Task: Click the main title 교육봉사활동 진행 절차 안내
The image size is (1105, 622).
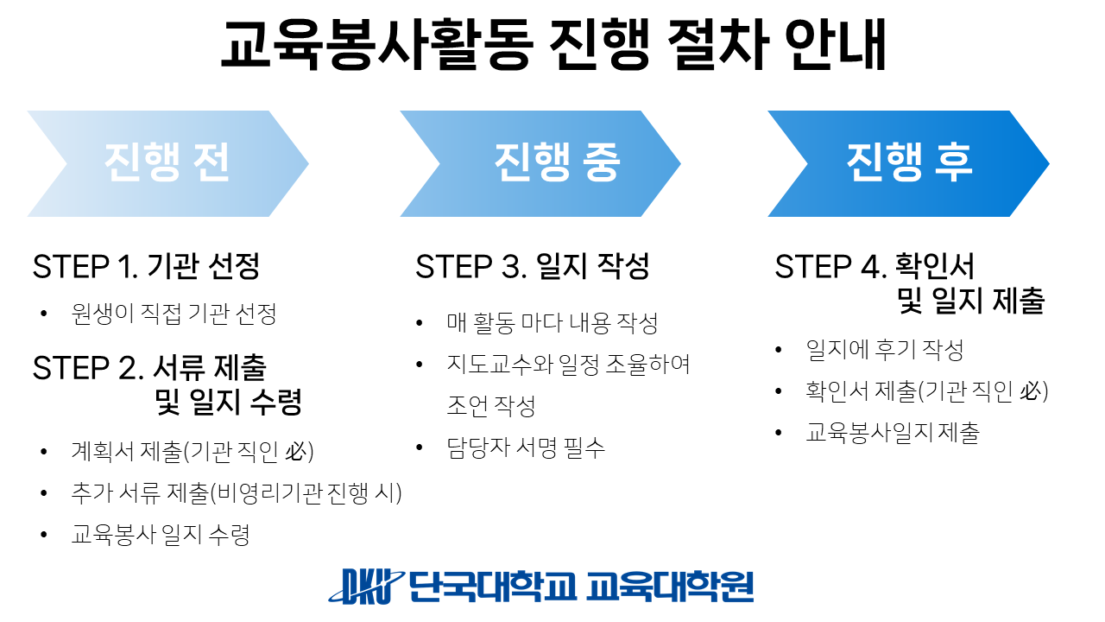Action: [553, 44]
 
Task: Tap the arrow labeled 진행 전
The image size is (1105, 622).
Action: [167, 163]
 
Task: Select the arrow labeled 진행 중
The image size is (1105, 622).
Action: [540, 163]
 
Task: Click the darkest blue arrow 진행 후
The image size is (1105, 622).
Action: [909, 163]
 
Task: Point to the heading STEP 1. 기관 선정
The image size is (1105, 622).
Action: [146, 267]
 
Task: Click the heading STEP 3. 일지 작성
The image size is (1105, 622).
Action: [533, 267]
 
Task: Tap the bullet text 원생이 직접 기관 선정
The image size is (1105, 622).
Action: [174, 314]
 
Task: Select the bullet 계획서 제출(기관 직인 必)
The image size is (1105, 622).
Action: [193, 451]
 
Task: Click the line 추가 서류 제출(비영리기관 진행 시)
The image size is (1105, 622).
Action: [237, 492]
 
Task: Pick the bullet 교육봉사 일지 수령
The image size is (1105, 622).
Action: [161, 534]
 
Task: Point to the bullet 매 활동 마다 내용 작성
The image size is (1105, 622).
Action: [552, 323]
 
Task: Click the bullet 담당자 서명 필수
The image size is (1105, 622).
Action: [526, 447]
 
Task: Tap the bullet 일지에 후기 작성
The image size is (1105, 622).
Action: [885, 350]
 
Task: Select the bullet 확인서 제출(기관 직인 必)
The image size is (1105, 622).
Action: [927, 391]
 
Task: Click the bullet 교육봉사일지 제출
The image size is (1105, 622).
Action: [893, 433]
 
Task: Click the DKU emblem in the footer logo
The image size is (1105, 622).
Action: [366, 587]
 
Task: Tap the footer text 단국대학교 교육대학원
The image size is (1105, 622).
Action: [581, 587]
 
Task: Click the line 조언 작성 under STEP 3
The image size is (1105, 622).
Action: [491, 406]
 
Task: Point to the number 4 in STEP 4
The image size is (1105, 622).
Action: [871, 267]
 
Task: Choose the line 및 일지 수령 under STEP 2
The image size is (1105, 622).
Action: [228, 402]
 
